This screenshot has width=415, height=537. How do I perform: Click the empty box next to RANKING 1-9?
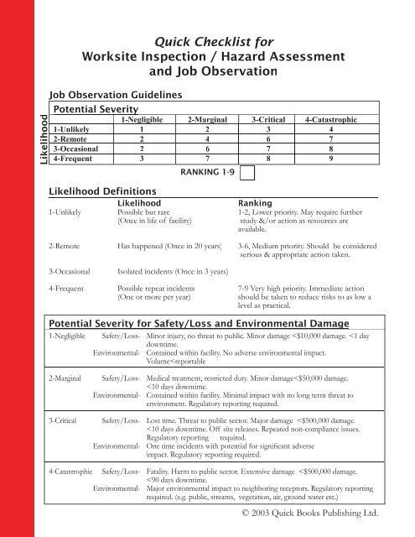[249, 175]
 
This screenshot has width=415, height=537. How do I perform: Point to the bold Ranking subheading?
[255, 202]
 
